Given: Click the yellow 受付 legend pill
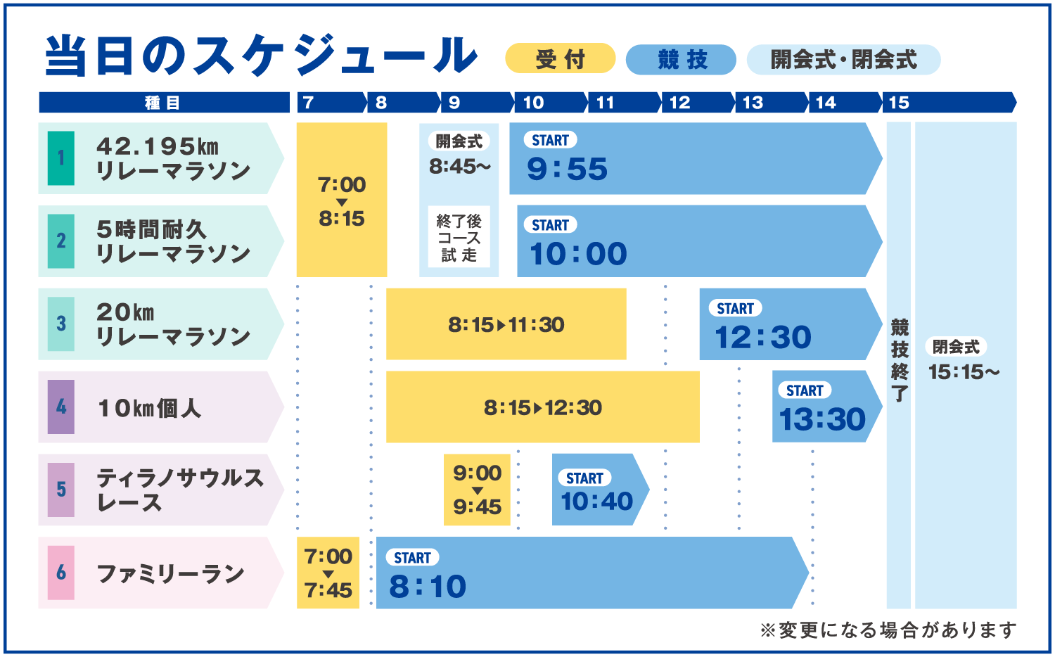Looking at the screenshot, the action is (x=560, y=59).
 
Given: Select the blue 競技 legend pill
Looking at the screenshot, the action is (x=681, y=59).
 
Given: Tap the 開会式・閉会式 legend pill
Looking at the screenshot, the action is (x=843, y=59).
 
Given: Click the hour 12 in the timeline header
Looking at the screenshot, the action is (x=679, y=103).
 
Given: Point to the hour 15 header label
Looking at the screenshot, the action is (x=899, y=103).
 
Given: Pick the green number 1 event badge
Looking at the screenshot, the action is (x=60, y=158).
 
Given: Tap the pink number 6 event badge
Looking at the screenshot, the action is (x=60, y=573).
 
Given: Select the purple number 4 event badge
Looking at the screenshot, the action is (x=60, y=407).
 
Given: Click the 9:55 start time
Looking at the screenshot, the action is (x=567, y=169).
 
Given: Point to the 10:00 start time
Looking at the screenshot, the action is (x=578, y=254).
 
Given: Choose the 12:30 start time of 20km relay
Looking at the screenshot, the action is (x=763, y=337).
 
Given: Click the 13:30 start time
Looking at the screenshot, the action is (x=822, y=419).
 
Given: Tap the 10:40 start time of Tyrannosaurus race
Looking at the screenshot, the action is (x=596, y=501).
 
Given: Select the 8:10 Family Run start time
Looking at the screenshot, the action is (x=428, y=587).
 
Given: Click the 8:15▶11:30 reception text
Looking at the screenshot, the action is (x=506, y=324).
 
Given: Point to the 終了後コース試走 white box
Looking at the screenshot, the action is (x=459, y=237).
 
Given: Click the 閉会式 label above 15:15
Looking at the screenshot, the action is (x=956, y=347).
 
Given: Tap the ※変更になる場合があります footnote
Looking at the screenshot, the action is (x=888, y=630).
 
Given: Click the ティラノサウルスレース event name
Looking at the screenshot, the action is (x=180, y=490).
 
